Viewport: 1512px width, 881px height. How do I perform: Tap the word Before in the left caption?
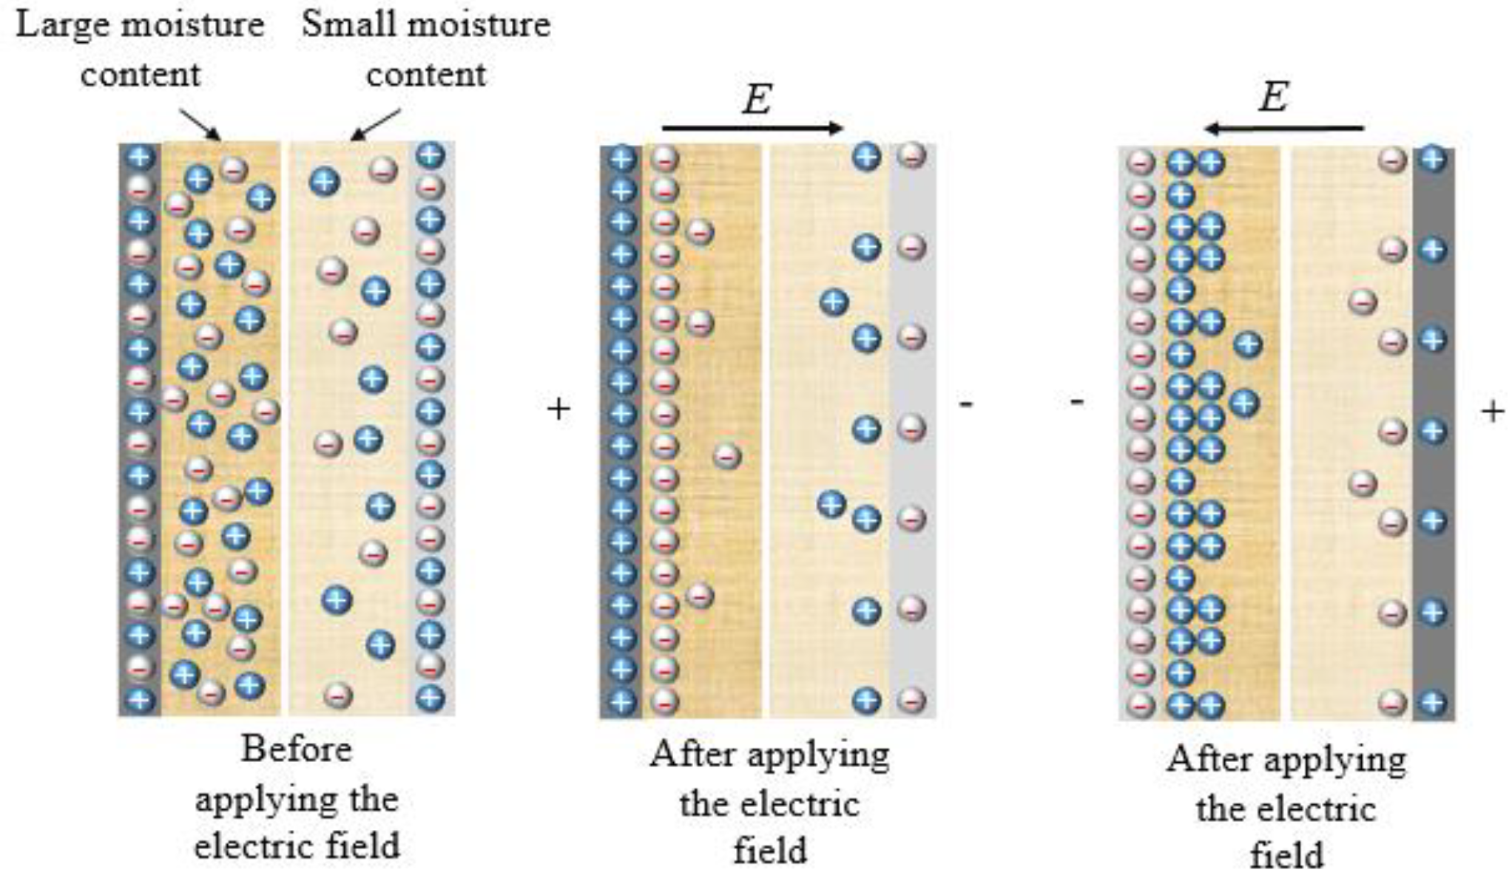click(296, 749)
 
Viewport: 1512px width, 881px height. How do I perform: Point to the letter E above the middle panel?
click(757, 99)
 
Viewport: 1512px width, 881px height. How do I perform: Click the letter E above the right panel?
click(1273, 97)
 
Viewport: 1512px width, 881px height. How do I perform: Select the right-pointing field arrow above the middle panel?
click(752, 128)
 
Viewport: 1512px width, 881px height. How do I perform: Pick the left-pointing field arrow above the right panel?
click(1283, 129)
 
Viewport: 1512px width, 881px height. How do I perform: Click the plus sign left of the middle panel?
click(558, 408)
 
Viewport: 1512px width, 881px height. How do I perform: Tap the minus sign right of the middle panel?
click(966, 404)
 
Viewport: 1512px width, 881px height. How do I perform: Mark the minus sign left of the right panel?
click(1077, 402)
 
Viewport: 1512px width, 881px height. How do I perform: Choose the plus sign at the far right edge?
click(1493, 411)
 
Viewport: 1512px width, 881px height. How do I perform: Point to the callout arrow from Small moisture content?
click(376, 124)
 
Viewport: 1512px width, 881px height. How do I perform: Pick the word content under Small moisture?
click(426, 75)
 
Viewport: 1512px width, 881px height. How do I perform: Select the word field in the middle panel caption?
click(769, 851)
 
